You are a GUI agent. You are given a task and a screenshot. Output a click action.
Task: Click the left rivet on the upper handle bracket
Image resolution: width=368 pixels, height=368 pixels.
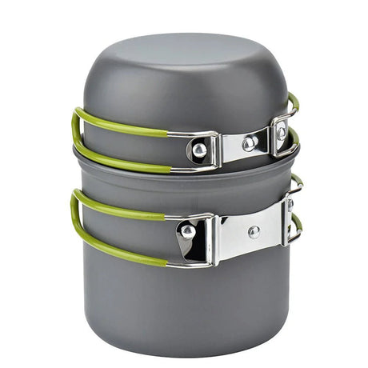pyautogui.click(x=197, y=148)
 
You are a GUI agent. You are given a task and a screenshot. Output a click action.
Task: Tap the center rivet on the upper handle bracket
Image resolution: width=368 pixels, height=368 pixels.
pyautogui.click(x=250, y=143)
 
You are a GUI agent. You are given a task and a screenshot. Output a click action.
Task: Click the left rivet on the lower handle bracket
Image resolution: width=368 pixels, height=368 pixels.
pyautogui.click(x=187, y=231)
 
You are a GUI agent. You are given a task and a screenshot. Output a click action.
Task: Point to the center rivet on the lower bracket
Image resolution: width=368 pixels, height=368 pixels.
pyautogui.click(x=254, y=232)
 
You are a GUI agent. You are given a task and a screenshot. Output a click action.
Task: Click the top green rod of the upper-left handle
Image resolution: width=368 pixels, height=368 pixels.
pyautogui.click(x=120, y=126)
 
